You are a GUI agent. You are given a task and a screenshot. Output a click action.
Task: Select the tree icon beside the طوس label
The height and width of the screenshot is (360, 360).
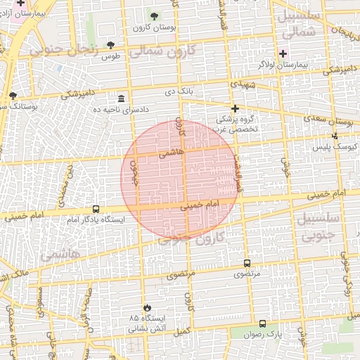tap(110, 45)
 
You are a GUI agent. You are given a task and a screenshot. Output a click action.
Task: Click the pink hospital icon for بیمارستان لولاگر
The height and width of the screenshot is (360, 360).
tap(283, 53)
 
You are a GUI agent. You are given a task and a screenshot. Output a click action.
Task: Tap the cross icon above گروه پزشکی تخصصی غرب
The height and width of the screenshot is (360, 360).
tap(235, 108)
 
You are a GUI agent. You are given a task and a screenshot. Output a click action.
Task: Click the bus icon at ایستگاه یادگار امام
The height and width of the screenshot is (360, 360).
tap(96, 209)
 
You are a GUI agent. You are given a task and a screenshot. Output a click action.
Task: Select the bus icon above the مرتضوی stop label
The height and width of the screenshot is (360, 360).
tap(246, 262)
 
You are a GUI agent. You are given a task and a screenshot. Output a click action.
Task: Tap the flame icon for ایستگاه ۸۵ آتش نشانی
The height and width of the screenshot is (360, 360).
tap(147, 308)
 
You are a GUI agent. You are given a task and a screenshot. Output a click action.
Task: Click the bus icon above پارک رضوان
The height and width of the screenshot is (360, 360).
tap(262, 323)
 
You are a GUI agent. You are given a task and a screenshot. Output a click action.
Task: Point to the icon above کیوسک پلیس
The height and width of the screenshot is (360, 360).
tap(335, 136)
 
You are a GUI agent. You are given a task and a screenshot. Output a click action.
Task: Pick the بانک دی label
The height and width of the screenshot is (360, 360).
tap(179, 91)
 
